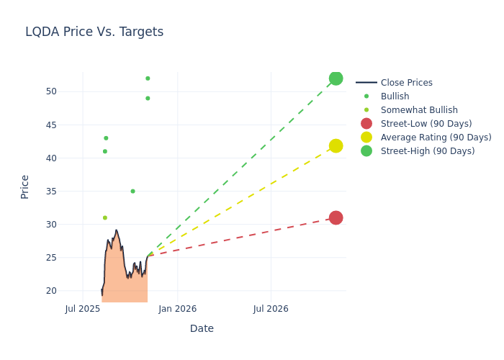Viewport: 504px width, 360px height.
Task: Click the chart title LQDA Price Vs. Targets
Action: (94, 32)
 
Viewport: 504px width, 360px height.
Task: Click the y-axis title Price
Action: (25, 186)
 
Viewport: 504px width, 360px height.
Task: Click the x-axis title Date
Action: (202, 328)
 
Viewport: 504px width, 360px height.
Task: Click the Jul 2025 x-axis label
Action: (83, 309)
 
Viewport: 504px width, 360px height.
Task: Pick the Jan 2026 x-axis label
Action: (177, 309)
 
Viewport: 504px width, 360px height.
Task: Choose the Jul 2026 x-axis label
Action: (271, 309)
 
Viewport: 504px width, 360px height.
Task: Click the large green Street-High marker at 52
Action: (336, 78)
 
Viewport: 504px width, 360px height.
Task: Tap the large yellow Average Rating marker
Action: (336, 146)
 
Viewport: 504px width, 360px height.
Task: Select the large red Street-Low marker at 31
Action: (336, 217)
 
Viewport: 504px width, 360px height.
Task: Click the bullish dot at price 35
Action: (132, 192)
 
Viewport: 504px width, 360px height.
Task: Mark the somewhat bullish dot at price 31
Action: (105, 217)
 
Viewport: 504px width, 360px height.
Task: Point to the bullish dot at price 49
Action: (148, 99)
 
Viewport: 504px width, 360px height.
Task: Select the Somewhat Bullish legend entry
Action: (418, 110)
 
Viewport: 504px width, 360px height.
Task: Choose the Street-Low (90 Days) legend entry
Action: (426, 124)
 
